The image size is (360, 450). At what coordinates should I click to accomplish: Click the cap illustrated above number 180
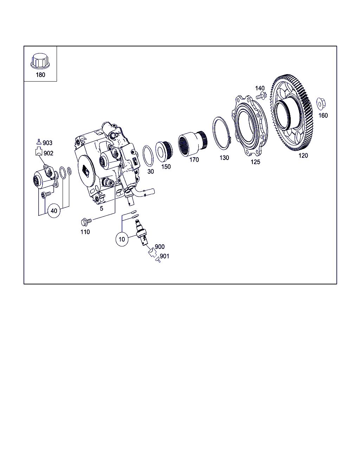[x=40, y=61]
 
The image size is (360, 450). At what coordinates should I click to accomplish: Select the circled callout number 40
[x=54, y=211]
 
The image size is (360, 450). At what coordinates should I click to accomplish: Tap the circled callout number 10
[x=122, y=239]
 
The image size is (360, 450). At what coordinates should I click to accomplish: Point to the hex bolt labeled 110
[x=86, y=221]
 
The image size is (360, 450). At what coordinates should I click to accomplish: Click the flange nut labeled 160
[x=321, y=104]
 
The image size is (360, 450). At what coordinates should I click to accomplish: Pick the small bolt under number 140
[x=261, y=96]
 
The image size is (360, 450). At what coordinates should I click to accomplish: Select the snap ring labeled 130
[x=222, y=133]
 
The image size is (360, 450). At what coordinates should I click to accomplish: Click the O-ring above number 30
[x=148, y=156]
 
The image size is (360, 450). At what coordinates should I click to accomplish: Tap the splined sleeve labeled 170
[x=193, y=144]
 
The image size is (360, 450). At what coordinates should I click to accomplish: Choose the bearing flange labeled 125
[x=250, y=126]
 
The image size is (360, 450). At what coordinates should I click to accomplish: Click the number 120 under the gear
[x=303, y=156]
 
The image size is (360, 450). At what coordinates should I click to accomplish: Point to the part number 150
[x=166, y=167]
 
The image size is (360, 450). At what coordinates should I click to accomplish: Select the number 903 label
[x=47, y=143]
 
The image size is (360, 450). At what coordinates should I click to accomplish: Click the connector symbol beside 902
[x=39, y=151]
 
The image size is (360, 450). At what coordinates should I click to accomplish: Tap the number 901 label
[x=165, y=256]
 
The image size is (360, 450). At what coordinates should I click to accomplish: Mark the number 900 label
[x=160, y=247]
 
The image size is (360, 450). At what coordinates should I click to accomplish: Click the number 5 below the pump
[x=102, y=208]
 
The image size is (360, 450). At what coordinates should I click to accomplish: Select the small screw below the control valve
[x=46, y=195]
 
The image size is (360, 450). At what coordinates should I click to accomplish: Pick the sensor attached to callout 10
[x=142, y=232]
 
